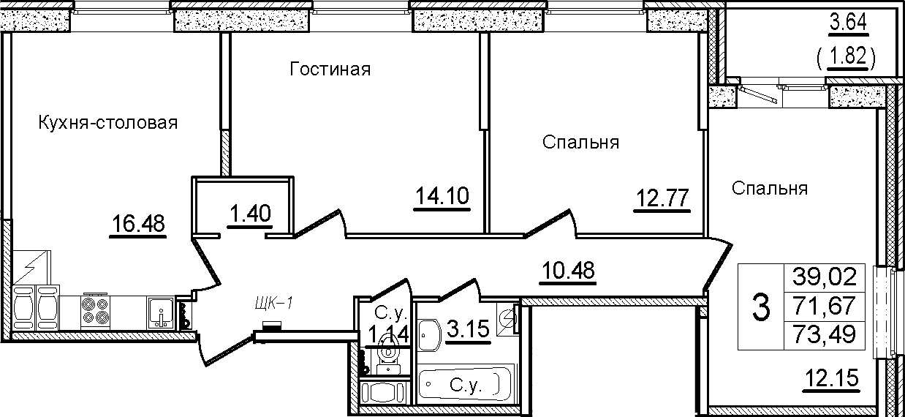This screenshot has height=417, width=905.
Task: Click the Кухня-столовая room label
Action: coord(108,123)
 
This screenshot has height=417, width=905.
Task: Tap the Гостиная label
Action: coord(330,69)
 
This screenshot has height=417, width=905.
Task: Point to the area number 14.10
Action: coord(442,196)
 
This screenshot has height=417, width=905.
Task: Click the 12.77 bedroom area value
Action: coord(662,198)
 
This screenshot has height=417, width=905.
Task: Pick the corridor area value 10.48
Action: coord(568,270)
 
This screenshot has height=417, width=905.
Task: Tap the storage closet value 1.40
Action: coord(251,213)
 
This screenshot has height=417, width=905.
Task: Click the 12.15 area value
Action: coord(831,378)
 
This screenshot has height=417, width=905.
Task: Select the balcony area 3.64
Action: coord(848,23)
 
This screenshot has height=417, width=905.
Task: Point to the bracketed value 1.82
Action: coord(846,56)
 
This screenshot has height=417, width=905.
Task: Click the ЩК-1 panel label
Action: coord(273,303)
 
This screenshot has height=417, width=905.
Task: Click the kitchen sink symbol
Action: coord(161,312)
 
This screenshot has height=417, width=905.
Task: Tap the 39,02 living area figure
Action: coord(824,277)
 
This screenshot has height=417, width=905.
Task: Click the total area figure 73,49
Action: coord(824,334)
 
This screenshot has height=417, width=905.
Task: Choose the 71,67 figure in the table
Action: coord(824,306)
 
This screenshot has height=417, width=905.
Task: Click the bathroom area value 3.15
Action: coord(469,328)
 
